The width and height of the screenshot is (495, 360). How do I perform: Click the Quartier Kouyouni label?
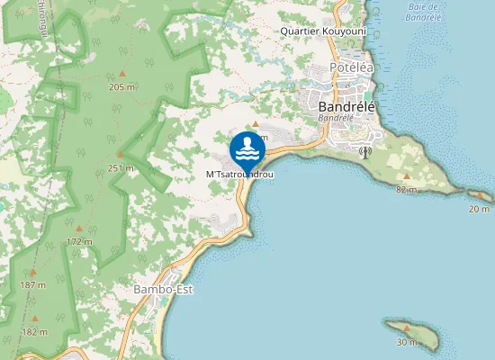coord(323,29)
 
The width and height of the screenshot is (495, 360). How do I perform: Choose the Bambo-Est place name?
coord(163,290)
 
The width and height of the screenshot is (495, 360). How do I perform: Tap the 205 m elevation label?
coord(121,87)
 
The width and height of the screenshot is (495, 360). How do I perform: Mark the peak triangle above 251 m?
coord(120,155)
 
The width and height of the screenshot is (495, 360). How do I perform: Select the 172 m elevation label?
coord(79,241)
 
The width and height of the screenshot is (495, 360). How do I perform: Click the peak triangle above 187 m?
coord(33,272)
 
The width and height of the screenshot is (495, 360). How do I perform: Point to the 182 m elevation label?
coord(34,332)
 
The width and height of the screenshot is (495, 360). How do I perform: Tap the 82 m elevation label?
coord(406,189)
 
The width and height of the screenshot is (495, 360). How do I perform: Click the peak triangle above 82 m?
coord(407,176)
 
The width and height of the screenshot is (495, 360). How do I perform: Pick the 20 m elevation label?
coord(479,209)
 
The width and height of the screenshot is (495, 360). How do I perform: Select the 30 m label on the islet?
coord(407,342)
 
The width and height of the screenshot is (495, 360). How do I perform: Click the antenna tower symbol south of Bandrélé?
coord(364,151)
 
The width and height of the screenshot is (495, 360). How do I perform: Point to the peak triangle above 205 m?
coord(121,75)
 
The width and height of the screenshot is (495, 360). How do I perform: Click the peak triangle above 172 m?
coord(79,229)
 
